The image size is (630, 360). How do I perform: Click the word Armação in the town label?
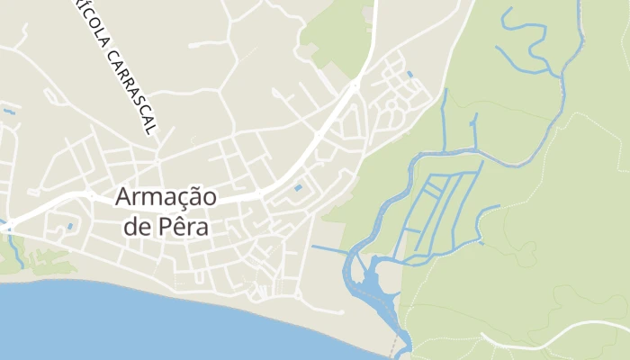pyautogui.click(x=166, y=197)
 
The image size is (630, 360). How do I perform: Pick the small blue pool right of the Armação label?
pyautogui.click(x=298, y=188)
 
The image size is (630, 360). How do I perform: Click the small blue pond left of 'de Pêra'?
pyautogui.click(x=69, y=226)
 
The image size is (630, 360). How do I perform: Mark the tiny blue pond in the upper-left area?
pyautogui.click(x=9, y=112)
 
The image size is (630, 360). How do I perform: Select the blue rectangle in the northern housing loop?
pyautogui.click(x=410, y=74)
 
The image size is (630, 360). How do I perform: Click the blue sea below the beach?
pyautogui.click(x=135, y=324)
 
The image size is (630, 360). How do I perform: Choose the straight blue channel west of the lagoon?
pyautogui.click(x=328, y=247)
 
